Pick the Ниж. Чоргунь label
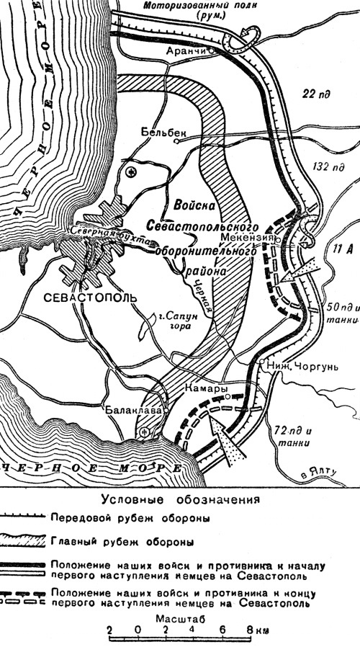(294, 365)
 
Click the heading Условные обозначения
(179, 499)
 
